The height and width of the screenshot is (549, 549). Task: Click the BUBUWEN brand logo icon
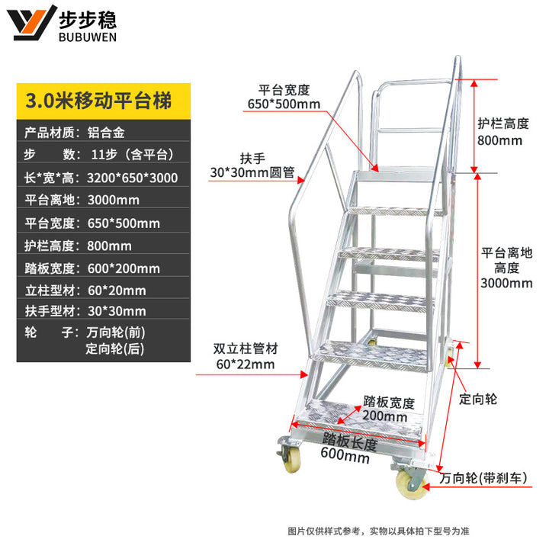pyautogui.click(x=35, y=23)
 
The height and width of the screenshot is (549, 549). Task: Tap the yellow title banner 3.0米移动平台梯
pyautogui.click(x=99, y=100)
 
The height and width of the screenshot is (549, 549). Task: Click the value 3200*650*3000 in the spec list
pyautogui.click(x=133, y=178)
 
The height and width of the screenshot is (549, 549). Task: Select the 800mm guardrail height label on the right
pyautogui.click(x=499, y=140)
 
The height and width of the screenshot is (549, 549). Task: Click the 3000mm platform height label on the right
pyautogui.click(x=507, y=284)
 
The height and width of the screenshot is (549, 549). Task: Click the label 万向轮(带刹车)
pyautogui.click(x=484, y=479)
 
